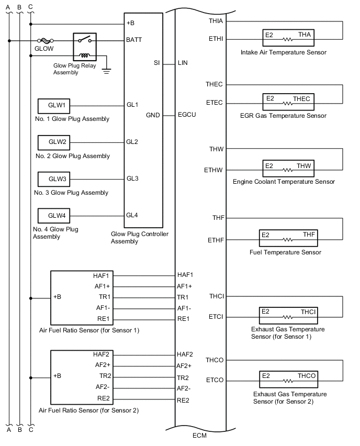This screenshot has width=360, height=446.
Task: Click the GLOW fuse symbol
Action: [x=44, y=40]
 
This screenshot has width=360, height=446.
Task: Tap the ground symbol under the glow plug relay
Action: [x=107, y=71]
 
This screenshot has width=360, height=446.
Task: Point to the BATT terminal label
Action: [x=134, y=40]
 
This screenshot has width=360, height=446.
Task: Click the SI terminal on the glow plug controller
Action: [x=156, y=63]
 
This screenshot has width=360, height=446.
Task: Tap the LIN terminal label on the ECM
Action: [x=183, y=63]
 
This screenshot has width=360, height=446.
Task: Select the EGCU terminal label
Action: [x=187, y=115]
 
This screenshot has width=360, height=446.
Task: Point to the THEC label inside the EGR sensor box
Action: [x=302, y=98]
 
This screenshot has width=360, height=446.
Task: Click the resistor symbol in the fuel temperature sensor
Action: [x=287, y=240]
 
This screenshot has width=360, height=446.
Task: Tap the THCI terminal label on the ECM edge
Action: [x=217, y=296]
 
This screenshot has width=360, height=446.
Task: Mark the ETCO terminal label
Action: [x=216, y=380]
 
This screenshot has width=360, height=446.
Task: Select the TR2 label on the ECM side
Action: [x=183, y=377]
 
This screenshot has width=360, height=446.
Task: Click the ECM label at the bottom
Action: [x=201, y=435]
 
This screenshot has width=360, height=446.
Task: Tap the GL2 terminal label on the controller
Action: [x=132, y=142]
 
